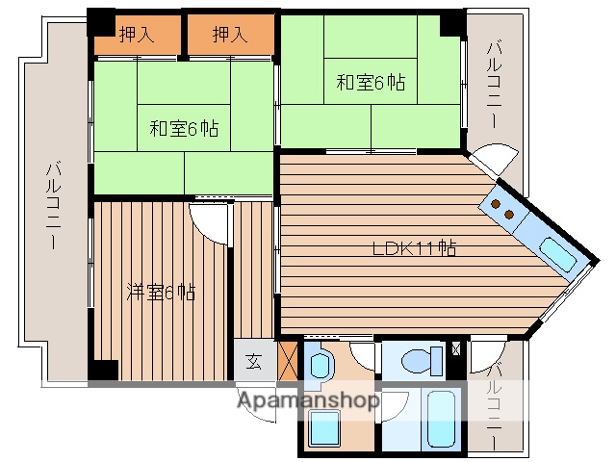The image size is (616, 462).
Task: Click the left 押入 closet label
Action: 136,35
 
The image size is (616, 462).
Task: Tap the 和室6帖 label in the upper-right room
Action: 371,82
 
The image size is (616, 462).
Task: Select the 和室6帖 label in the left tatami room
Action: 183,128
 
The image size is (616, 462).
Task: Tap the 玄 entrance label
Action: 252,363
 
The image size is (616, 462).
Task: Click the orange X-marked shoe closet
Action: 287,361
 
